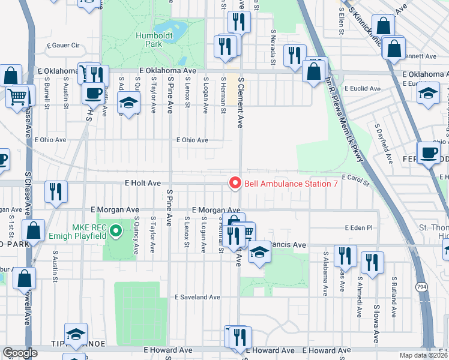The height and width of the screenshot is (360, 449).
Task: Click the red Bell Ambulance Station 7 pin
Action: tap(235, 183)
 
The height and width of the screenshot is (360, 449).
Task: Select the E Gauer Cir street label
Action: tap(63, 45)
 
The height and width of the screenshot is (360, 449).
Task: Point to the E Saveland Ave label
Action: tap(197, 297)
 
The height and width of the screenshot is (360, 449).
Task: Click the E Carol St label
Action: tap(354, 178)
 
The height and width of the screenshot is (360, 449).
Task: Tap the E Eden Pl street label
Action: tap(359, 228)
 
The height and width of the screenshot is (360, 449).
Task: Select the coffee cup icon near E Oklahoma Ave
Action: tap(94, 92)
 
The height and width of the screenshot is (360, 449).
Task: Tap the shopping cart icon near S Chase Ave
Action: tap(18, 95)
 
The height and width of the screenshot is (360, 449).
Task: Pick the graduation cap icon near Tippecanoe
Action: tap(76, 334)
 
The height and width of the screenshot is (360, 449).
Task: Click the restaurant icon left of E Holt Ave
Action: tap(55, 191)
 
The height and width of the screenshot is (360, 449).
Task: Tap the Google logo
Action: tap(20, 352)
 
